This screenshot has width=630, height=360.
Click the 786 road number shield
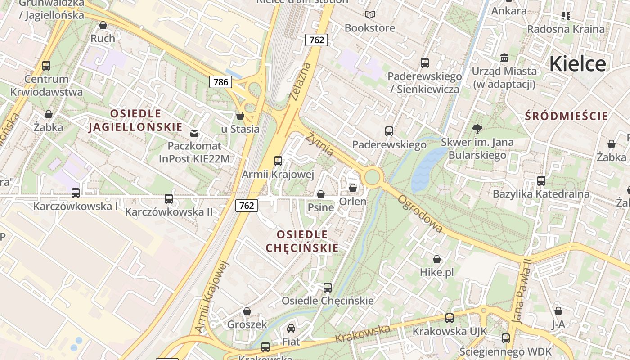click(x=220, y=82)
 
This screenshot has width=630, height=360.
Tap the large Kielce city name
click(x=577, y=63)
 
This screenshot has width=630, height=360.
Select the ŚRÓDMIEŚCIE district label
click(x=566, y=116)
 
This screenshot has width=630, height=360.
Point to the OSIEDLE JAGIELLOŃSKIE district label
click(x=135, y=121)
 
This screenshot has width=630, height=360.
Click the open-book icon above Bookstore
click(x=370, y=15)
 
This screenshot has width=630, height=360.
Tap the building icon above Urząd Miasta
click(x=504, y=58)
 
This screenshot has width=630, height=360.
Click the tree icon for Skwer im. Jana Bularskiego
click(x=477, y=130)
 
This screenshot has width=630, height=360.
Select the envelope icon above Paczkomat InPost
click(x=194, y=133)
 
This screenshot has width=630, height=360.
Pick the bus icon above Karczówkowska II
click(x=169, y=198)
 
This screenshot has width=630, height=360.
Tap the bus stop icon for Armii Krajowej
click(x=278, y=161)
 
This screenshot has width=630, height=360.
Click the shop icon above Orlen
click(x=353, y=188)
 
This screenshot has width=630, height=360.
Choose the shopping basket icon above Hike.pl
click(x=436, y=259)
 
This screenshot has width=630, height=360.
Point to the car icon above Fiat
click(x=291, y=328)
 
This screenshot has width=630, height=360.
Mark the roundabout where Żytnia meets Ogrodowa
click(x=372, y=176)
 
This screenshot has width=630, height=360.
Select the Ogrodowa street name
click(x=420, y=214)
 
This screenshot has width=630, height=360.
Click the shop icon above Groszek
click(x=247, y=311)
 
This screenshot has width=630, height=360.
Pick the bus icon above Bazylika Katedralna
click(x=541, y=181)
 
